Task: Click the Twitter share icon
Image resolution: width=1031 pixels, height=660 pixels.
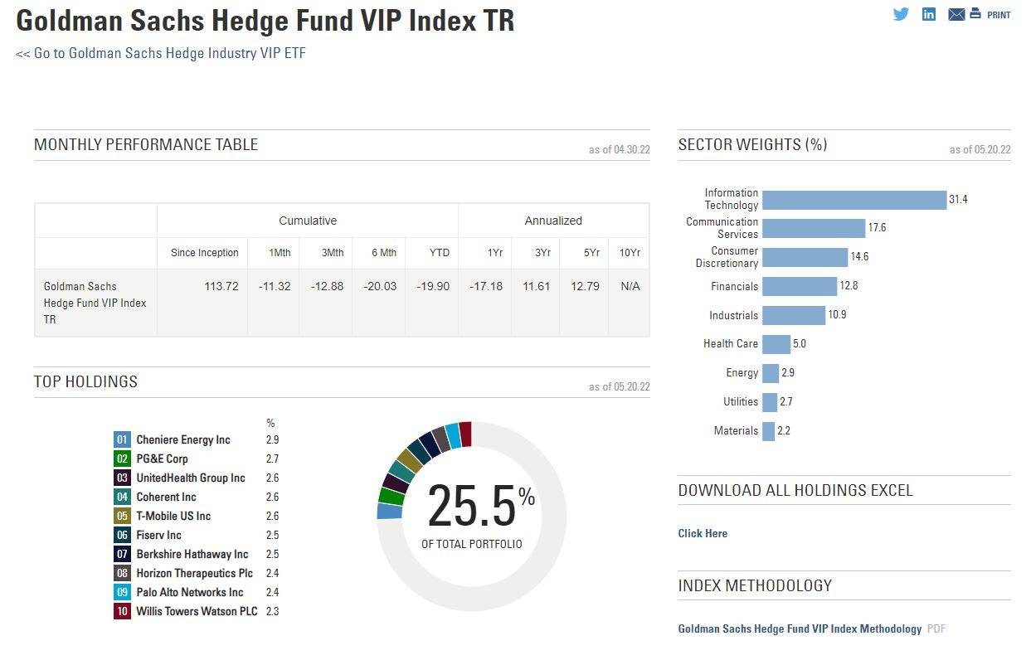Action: [x=901, y=14]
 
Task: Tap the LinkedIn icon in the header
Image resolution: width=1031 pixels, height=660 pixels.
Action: [x=929, y=14]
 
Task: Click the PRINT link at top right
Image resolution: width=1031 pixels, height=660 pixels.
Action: [x=998, y=15]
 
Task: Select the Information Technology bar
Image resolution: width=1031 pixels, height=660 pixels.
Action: [x=854, y=200]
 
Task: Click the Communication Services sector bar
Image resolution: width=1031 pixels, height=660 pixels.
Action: [x=814, y=228]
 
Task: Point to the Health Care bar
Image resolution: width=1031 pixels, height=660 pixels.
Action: [x=776, y=344]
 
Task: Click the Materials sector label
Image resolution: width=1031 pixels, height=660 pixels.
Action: [x=736, y=431]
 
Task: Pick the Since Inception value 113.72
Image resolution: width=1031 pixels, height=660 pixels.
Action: [x=221, y=286]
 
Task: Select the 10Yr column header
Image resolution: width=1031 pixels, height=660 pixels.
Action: [x=630, y=253]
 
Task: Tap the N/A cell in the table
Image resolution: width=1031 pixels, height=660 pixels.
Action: [x=630, y=286]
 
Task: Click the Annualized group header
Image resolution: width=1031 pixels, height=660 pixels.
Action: [x=553, y=221]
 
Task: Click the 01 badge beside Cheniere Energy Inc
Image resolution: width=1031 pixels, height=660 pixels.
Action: [x=123, y=439]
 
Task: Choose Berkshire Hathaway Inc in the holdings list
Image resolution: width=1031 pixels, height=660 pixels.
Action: [x=192, y=554]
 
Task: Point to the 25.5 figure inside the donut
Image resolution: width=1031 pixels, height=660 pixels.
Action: [x=471, y=506]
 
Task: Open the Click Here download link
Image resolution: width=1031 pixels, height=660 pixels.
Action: [x=703, y=533]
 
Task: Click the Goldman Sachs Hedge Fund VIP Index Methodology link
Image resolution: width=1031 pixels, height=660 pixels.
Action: [x=800, y=628]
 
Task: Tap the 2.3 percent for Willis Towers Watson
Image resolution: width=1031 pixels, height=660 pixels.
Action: [x=272, y=611]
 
